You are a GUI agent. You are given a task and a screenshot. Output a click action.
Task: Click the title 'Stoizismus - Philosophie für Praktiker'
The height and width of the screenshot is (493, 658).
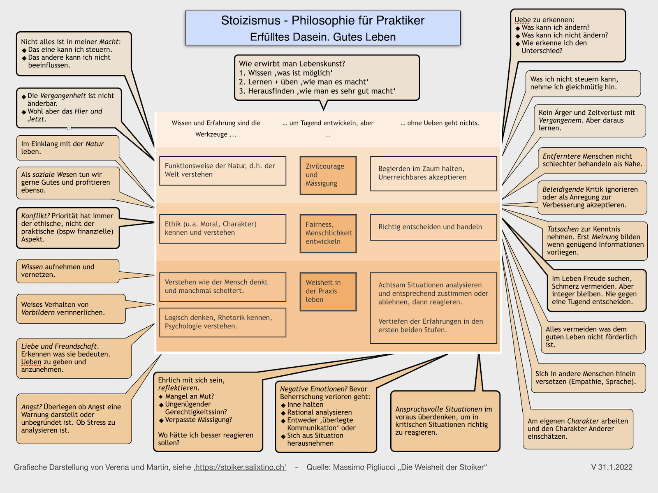click(x=322, y=21)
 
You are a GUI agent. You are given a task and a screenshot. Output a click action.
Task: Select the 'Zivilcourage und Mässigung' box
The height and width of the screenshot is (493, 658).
click(x=328, y=175)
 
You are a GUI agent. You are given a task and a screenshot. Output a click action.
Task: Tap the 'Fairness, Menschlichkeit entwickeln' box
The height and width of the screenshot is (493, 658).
click(x=328, y=233)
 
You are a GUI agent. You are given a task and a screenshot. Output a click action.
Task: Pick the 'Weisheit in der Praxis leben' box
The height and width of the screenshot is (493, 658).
click(x=328, y=291)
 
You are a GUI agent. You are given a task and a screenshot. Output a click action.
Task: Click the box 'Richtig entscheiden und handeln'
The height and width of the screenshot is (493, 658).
click(x=433, y=227)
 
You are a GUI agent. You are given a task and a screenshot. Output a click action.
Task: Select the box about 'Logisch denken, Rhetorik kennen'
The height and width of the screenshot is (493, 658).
click(x=222, y=322)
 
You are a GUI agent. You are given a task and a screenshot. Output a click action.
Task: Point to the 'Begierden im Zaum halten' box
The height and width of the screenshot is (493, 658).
click(x=433, y=173)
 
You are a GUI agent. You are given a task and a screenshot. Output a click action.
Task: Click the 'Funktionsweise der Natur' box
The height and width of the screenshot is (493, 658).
click(x=222, y=170)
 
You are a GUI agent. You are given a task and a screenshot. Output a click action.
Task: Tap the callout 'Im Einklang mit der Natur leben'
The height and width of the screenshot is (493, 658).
click(x=67, y=148)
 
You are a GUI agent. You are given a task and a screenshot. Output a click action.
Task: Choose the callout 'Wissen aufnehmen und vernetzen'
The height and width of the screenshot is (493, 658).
click(x=67, y=271)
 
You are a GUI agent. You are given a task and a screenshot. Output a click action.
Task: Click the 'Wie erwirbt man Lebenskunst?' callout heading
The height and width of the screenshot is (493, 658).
click(x=292, y=64)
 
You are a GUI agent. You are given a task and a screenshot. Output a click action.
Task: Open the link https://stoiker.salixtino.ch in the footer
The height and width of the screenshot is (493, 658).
click(x=240, y=467)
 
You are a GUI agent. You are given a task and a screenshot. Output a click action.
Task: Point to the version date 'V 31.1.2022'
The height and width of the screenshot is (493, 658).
click(x=612, y=467)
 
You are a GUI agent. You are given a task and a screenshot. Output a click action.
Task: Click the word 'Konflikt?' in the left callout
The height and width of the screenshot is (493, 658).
click(x=35, y=216)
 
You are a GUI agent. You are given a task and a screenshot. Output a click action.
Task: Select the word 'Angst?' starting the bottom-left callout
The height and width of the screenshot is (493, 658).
click(x=31, y=407)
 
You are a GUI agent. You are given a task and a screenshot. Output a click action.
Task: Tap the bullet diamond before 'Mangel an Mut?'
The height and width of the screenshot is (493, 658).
click(x=161, y=397)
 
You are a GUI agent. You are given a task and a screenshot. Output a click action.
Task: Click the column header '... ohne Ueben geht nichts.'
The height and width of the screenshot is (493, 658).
click(x=440, y=123)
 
